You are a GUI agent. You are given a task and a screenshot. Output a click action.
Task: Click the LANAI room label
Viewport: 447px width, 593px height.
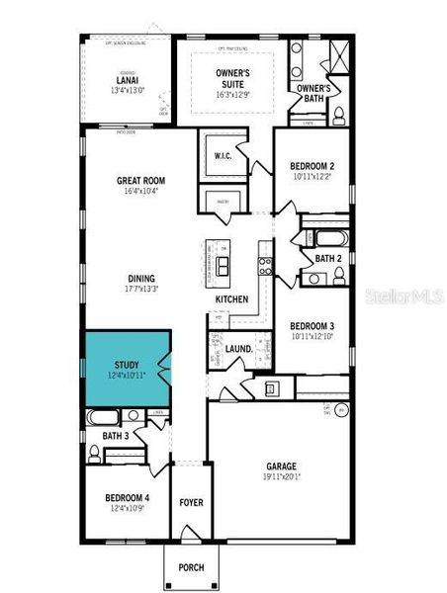(128, 81)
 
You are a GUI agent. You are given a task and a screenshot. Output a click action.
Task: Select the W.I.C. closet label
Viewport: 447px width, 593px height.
(223, 156)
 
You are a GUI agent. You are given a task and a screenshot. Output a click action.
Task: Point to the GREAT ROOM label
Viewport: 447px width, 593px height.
(140, 181)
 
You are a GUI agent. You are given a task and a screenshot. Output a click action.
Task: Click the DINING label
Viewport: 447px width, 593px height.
(140, 279)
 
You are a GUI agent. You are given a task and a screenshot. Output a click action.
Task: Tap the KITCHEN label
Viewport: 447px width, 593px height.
(231, 299)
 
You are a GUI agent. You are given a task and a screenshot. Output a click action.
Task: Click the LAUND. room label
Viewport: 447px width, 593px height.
(239, 348)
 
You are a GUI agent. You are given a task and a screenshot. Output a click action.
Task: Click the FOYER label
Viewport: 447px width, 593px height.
(191, 503)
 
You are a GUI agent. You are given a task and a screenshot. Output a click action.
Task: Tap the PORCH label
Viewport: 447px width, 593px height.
(191, 567)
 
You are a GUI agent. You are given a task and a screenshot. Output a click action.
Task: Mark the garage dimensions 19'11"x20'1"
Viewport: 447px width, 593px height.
(281, 477)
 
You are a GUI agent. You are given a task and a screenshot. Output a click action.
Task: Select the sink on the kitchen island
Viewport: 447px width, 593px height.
(223, 264)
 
